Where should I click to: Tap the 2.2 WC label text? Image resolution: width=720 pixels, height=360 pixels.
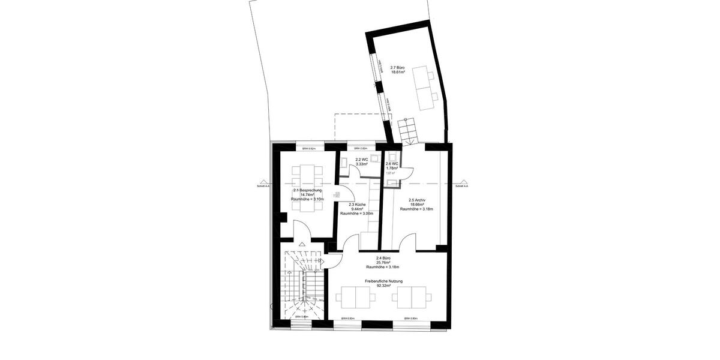coord(361,160)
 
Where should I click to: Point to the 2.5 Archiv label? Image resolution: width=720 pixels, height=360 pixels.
coord(417,200)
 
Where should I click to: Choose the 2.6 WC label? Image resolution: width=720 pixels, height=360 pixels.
coord(392,164)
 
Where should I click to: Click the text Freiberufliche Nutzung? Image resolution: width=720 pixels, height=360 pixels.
coord(379,281)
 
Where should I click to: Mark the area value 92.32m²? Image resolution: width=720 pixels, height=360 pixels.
coord(379,286)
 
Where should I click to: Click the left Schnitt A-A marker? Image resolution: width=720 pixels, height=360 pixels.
coord(263,186)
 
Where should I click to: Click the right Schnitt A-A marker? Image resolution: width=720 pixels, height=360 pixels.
coord(461,186)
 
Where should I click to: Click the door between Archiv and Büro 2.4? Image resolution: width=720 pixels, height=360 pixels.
coord(407,242)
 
